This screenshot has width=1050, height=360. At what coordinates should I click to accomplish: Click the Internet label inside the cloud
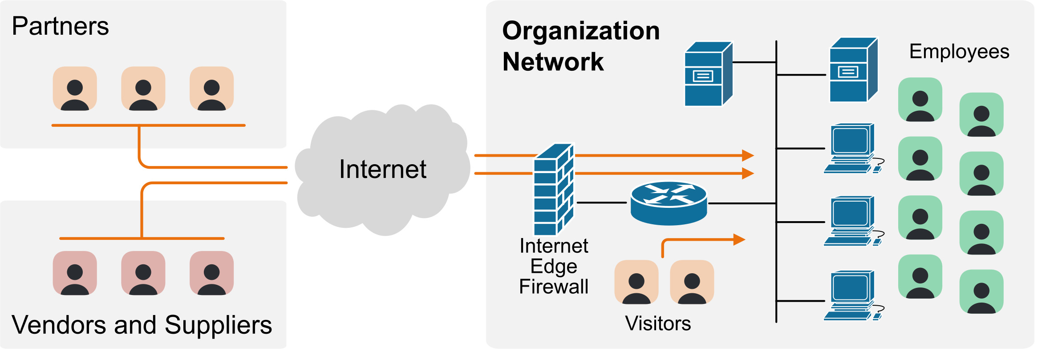coord(383,169)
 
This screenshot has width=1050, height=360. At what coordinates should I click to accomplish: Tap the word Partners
coord(60,26)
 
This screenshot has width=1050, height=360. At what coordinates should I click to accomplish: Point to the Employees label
coord(959,52)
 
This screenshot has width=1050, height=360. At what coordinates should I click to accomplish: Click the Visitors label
coord(658,324)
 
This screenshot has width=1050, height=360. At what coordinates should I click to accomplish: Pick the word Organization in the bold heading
coord(581,31)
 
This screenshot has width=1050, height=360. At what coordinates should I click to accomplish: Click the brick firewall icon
coord(554,189)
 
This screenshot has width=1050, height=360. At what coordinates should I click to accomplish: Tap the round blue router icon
coord(669,203)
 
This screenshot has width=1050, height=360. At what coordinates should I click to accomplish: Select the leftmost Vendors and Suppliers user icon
coord(75,273)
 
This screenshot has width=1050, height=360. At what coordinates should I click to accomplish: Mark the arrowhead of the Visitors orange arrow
coord(739,240)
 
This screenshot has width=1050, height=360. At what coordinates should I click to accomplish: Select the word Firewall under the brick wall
coord(554,287)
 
